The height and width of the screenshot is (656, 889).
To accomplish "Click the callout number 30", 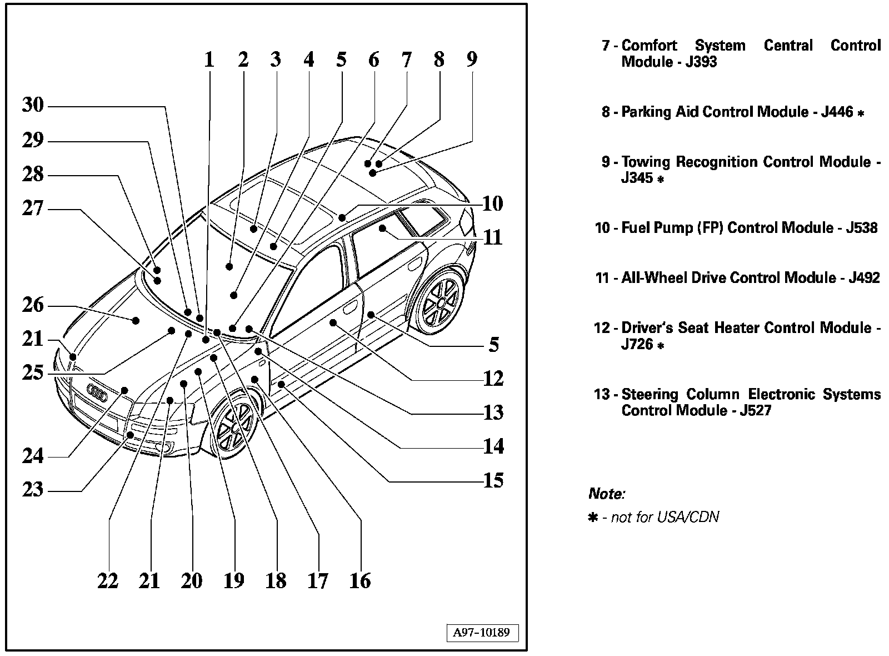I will tap(33, 105).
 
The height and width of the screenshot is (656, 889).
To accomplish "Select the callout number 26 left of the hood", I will tap(33, 305).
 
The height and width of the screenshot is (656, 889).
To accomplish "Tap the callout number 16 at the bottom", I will tap(360, 581).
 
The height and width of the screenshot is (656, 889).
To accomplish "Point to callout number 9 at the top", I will tap(472, 59).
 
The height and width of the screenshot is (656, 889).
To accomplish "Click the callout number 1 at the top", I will tap(209, 59).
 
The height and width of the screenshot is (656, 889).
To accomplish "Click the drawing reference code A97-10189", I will tap(481, 633).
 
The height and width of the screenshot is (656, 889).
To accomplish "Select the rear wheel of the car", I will tap(441, 301).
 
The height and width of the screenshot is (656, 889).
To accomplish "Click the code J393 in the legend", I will tap(701, 62).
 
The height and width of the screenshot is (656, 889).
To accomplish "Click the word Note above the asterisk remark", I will tap(606, 494).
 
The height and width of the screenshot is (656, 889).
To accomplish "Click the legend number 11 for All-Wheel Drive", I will tap(602, 278).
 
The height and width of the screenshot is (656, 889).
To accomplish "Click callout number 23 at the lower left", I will tap(33, 490).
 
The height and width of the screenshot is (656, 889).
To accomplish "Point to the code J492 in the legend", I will tap(864, 278).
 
